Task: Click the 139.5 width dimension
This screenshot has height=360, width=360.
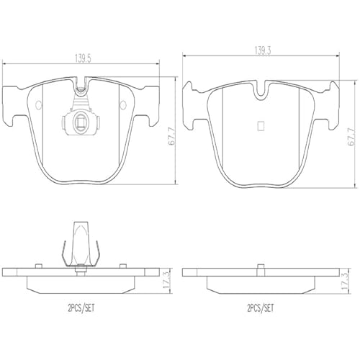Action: (83, 58)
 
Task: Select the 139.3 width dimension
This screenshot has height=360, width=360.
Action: (262, 51)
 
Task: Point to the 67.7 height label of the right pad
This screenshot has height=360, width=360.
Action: (351, 137)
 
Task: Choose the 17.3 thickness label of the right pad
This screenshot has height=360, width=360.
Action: (345, 281)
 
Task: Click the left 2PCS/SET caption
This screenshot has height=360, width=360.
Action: (81, 308)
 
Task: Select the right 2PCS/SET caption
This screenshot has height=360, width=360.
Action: (260, 308)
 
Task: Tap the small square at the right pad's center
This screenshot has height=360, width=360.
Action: (261, 126)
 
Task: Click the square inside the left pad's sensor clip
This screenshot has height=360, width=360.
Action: (80, 122)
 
